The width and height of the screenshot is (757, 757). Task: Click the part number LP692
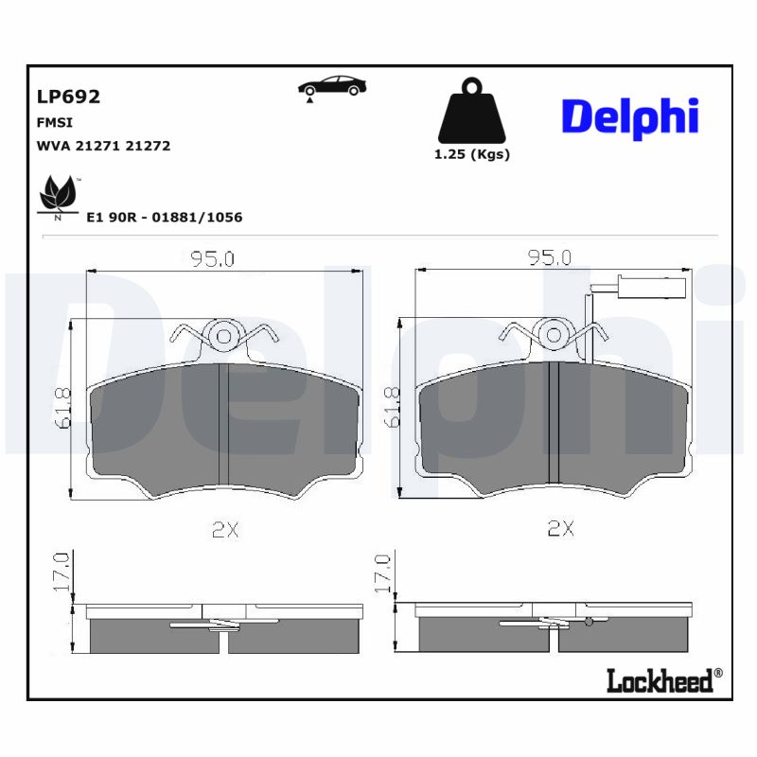(x=68, y=97)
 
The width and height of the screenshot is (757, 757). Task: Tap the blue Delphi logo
(x=629, y=116)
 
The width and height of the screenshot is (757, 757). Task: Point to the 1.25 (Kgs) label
(x=471, y=154)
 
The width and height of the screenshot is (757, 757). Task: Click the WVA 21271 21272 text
(x=103, y=146)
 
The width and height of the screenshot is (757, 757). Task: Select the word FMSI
(x=54, y=122)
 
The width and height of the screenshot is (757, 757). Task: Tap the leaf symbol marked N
(x=58, y=197)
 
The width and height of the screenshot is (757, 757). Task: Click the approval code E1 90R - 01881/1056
(x=164, y=217)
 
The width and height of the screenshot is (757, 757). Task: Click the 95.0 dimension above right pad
(x=549, y=257)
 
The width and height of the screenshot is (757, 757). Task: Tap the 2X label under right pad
(x=561, y=529)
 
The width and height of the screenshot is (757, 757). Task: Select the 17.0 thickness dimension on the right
(x=383, y=573)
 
